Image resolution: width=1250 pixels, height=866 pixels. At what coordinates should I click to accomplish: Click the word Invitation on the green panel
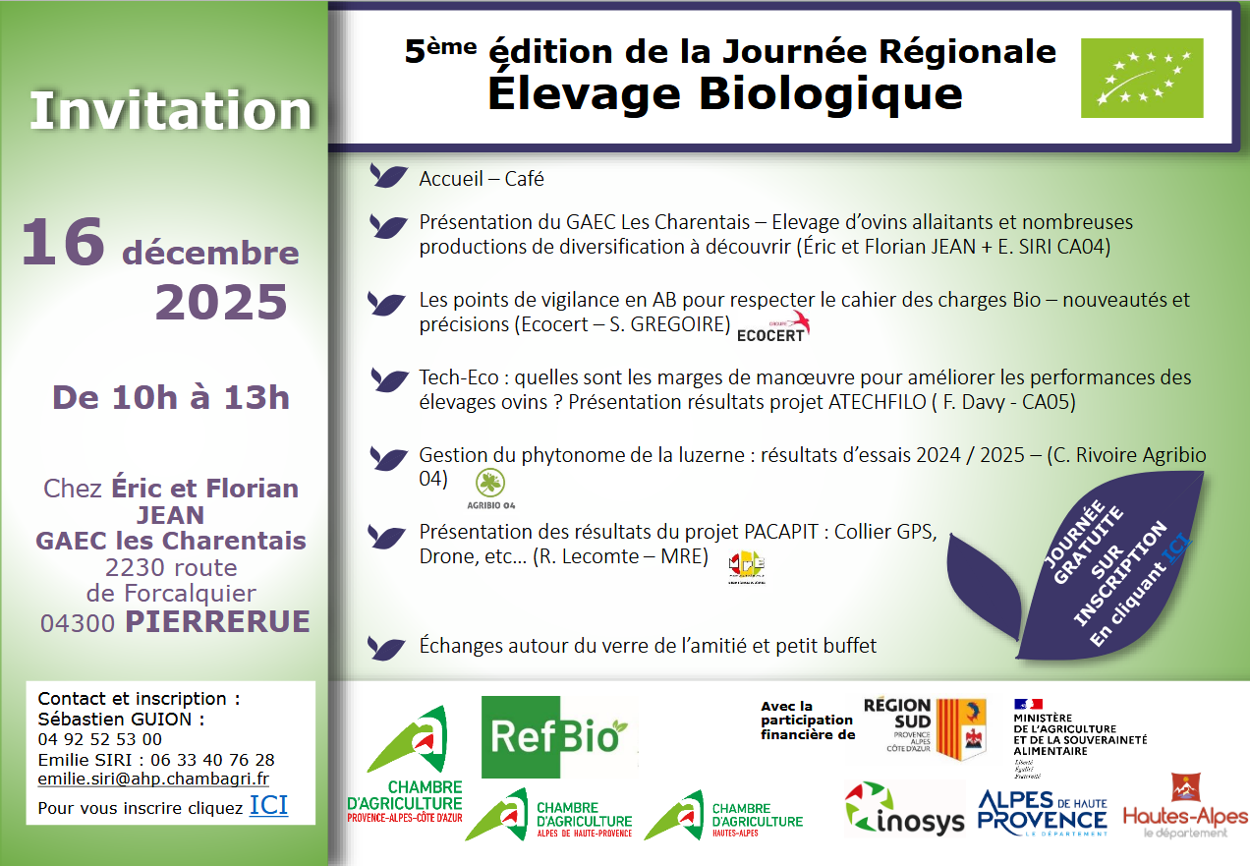(170, 111)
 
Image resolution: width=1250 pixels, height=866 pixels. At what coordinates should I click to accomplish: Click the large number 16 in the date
(63, 243)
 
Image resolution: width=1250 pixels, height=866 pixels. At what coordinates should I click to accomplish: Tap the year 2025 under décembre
(221, 303)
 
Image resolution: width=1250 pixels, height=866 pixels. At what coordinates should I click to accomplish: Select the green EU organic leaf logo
(1142, 79)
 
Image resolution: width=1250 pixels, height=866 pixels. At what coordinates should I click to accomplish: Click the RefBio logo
(553, 737)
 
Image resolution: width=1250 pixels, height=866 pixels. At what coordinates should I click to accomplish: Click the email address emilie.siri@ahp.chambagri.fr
(153, 779)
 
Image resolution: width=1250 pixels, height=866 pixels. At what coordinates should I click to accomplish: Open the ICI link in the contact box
(268, 807)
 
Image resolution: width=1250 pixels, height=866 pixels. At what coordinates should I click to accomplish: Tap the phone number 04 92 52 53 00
(100, 739)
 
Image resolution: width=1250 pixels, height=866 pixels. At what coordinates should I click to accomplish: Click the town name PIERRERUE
(217, 621)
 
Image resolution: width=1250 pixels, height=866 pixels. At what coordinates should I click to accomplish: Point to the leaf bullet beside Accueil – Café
(389, 177)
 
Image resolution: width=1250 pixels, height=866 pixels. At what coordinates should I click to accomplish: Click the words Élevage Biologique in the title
(724, 92)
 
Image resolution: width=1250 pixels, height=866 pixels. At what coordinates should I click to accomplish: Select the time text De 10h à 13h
(171, 397)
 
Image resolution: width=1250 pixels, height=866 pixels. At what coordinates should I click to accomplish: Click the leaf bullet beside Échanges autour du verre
(389, 647)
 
